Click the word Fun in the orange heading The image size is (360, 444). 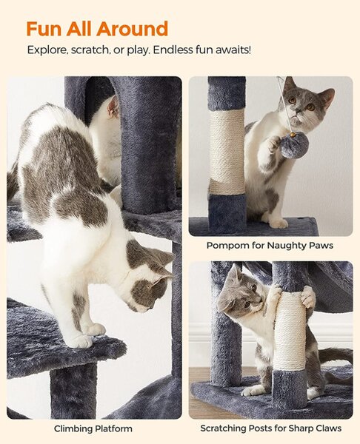[x=44, y=29]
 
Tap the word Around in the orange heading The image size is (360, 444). [x=132, y=29]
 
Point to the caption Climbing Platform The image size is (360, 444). [x=93, y=428]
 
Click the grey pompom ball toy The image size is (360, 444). [x=295, y=145]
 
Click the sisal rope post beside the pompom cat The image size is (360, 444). [x=227, y=151]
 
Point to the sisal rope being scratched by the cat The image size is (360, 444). [x=289, y=331]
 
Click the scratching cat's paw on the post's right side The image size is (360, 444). [x=308, y=296]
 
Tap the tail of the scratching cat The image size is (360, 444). [x=336, y=355]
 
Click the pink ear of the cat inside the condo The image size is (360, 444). [x=113, y=107]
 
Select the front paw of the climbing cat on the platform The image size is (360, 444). [x=80, y=340]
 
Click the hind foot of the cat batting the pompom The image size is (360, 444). [x=279, y=223]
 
